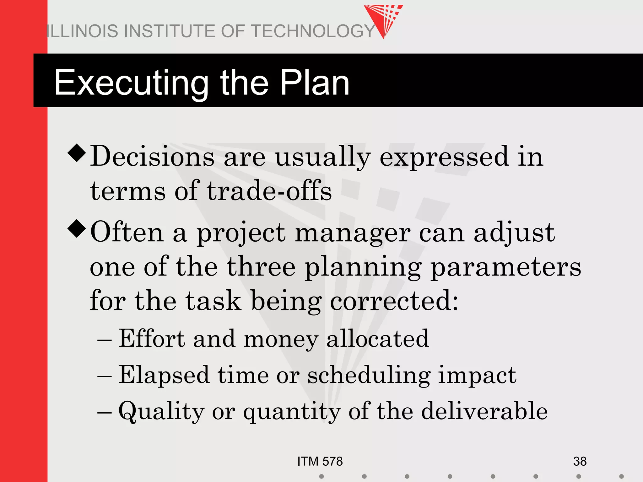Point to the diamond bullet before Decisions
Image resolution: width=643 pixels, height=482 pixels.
pos(77,153)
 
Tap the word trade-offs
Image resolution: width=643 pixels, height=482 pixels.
pos(269,191)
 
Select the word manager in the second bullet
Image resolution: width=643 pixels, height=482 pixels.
pos(352,234)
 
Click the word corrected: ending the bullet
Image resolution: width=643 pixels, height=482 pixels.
pos(394,301)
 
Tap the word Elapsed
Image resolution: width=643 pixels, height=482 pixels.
pos(164,375)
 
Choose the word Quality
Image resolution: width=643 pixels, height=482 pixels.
pos(161,411)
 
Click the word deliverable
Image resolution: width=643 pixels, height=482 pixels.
pos(484,411)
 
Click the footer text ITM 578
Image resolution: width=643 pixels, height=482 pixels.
pos(320,461)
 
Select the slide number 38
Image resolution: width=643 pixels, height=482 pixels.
pos(580,461)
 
